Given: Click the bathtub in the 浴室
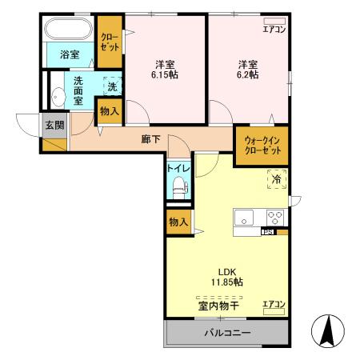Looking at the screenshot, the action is click(68, 29).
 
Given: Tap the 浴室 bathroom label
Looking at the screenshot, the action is click(70, 54).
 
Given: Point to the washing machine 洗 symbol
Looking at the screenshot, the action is click(112, 86).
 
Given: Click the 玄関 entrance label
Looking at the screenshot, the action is click(54, 125).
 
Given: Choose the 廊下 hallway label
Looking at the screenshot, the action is click(150, 139).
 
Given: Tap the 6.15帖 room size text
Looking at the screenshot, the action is click(165, 75).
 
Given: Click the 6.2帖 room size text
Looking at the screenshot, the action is click(248, 75).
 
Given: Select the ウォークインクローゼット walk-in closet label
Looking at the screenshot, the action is click(262, 146).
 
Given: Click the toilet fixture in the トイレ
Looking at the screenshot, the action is click(180, 187).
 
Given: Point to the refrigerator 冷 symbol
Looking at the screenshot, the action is click(277, 179).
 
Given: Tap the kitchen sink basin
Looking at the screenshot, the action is click(244, 218).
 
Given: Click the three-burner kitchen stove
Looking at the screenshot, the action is click(275, 218).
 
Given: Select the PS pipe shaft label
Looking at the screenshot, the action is click(268, 232).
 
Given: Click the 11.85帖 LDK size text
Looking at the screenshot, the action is click(227, 282).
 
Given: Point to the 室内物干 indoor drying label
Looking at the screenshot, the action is click(218, 306).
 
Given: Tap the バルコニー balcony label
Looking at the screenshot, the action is click(228, 333).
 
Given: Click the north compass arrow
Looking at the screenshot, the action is click(328, 330).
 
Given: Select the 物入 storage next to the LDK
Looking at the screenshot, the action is click(178, 222).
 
